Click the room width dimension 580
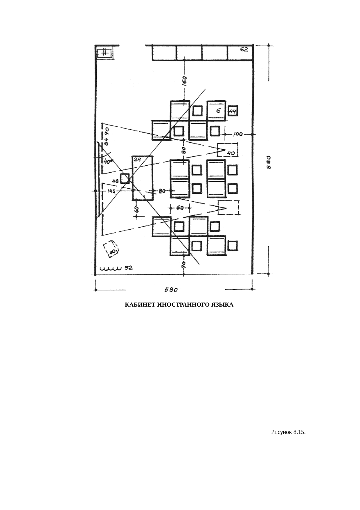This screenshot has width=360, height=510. point(171,290)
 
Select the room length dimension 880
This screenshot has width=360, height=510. point(269,162)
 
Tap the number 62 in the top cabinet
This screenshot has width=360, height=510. point(244,50)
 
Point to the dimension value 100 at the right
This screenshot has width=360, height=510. point(238,134)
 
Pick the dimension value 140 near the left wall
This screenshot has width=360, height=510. point(111,191)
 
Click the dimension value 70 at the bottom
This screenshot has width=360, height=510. point(183,265)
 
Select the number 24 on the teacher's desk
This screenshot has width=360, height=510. point(137,159)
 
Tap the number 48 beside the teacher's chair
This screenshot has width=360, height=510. point(115,181)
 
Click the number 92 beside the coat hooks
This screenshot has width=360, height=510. point(129,268)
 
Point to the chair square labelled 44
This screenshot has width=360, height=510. point(233,111)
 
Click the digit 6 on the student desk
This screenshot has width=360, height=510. point(218,111)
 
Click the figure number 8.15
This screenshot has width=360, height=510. point(299,432)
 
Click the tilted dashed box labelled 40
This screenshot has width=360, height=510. point(111,249)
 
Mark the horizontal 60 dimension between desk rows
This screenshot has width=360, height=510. point(180,208)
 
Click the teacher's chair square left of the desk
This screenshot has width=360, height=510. point(125,178)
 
